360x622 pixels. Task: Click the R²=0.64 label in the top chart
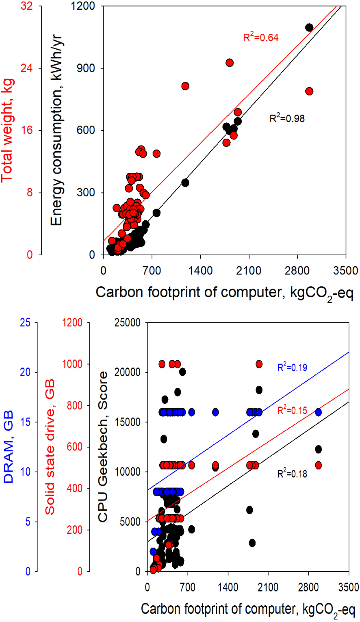261,37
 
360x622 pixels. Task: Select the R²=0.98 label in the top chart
287,118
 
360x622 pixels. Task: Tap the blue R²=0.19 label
292,368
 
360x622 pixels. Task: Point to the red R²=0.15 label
292,410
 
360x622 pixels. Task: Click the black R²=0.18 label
292,474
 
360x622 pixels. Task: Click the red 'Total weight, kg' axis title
8,130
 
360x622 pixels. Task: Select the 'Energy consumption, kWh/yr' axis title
56,130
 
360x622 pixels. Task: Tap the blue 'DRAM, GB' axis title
8,447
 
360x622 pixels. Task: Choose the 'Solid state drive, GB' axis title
50,447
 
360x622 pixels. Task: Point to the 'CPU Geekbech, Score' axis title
103,447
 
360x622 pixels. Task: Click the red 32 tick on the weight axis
26,6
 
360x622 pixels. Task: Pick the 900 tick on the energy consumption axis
86,68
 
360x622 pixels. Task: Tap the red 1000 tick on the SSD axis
72,364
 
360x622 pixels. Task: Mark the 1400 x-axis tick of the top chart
200,270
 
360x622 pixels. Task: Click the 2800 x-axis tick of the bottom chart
308,587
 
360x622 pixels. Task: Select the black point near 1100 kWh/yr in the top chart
309,27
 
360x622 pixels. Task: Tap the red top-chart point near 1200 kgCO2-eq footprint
185,86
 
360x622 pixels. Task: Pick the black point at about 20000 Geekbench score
182,372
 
